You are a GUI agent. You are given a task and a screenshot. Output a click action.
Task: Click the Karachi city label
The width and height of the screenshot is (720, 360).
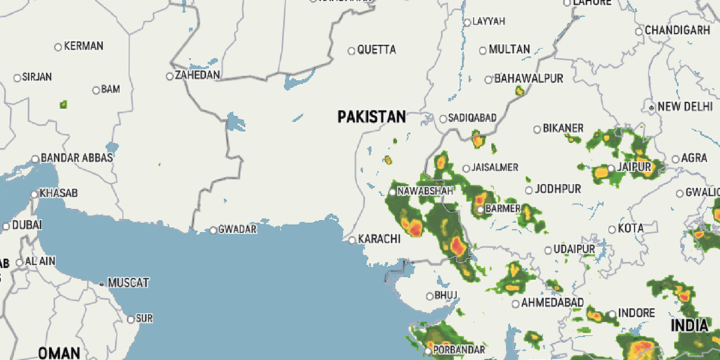(x=379, y=239)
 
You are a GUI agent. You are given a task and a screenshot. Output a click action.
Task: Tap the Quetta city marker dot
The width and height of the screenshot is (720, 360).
(x=352, y=50)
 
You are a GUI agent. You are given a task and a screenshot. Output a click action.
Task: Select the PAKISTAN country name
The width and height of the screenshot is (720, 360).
(x=371, y=116)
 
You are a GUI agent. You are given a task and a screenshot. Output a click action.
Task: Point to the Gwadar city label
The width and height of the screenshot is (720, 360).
(x=238, y=229)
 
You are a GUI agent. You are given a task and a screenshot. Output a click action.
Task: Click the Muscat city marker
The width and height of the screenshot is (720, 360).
(x=102, y=283)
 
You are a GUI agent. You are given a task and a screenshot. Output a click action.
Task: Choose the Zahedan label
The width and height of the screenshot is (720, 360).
(x=197, y=76)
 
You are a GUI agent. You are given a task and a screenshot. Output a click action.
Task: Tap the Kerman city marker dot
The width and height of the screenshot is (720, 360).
(x=58, y=46)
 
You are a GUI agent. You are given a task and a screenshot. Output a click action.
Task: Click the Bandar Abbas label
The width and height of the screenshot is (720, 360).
(x=77, y=158)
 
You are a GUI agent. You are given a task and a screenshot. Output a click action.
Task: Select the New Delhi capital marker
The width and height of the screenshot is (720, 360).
(x=652, y=107)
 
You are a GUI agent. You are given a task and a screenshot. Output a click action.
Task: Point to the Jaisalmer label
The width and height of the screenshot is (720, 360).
(x=495, y=167)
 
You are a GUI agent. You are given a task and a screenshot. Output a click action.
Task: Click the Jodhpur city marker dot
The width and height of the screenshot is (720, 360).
(x=529, y=190)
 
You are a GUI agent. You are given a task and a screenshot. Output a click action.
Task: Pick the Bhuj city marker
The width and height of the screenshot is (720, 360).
(x=429, y=296)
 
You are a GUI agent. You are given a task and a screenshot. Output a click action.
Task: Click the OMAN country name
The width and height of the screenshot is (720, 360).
(x=59, y=353)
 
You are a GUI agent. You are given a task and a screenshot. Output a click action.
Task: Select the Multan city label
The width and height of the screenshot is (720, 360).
(x=509, y=49)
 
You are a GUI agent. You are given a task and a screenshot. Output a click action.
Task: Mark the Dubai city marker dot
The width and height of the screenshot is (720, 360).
(x=7, y=226)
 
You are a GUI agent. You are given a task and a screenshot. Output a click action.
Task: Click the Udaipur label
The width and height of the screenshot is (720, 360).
(x=574, y=249)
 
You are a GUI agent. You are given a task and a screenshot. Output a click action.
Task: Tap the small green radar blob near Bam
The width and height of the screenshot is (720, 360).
(x=63, y=104)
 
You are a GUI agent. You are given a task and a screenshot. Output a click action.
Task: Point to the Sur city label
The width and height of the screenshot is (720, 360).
(x=145, y=319)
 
